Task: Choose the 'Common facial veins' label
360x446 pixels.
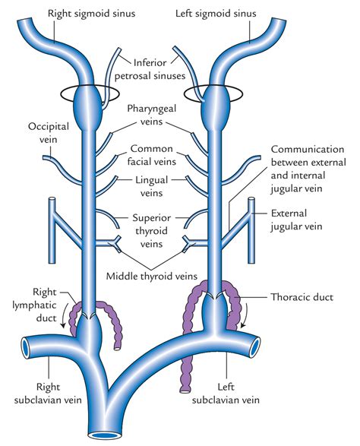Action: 158,155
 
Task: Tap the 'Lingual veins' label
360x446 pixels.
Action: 158,187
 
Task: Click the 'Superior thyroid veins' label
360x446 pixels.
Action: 159,223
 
